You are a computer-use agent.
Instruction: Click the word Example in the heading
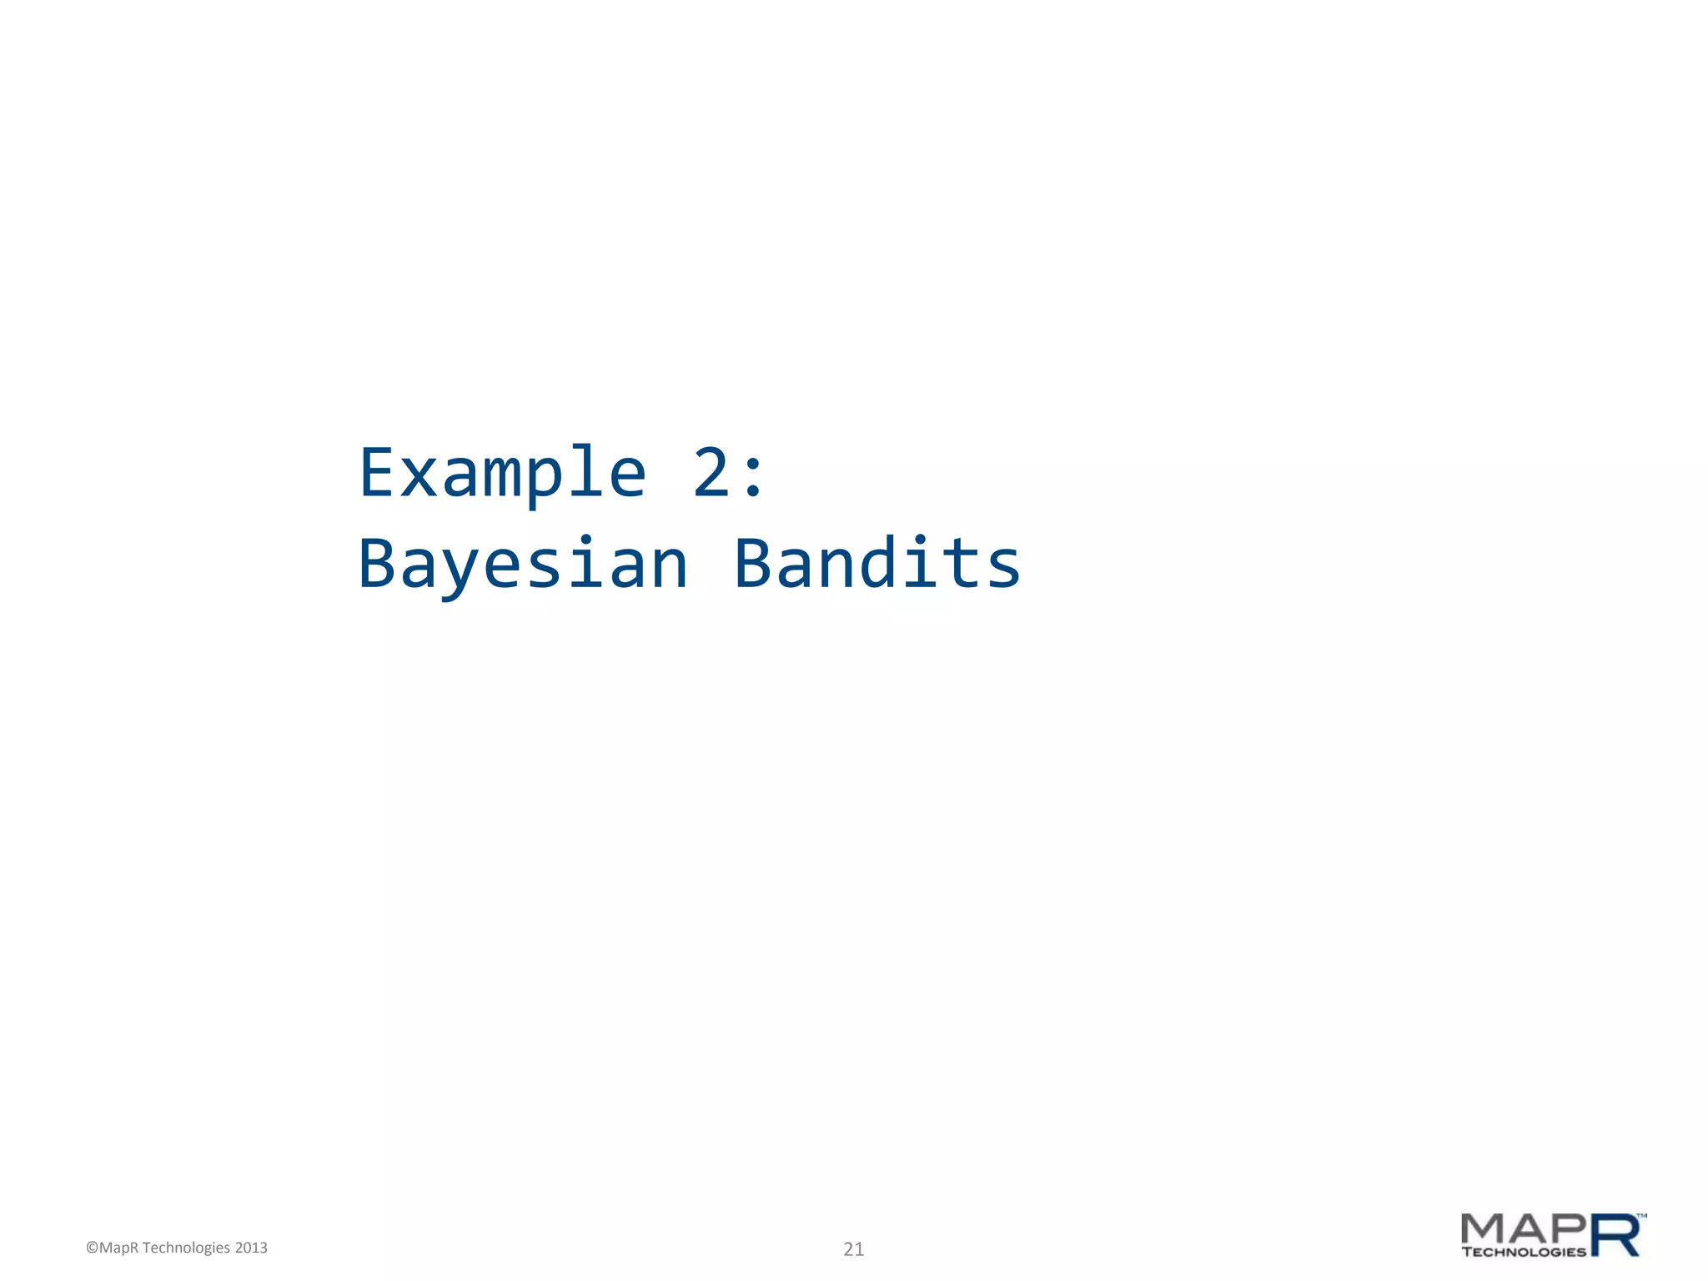pyautogui.click(x=502, y=474)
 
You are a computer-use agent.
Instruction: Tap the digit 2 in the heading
pyautogui.click(x=711, y=474)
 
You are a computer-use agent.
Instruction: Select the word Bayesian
pyautogui.click(x=523, y=565)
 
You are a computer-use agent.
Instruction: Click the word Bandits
pyautogui.click(x=877, y=564)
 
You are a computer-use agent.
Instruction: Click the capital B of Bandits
pyautogui.click(x=753, y=564)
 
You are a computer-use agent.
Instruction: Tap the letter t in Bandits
pyautogui.click(x=961, y=564)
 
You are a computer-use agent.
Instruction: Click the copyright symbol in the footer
pyautogui.click(x=92, y=1248)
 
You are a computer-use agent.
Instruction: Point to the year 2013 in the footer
pyautogui.click(x=251, y=1248)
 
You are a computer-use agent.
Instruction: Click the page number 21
pyautogui.click(x=853, y=1249)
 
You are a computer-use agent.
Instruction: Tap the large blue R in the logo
pyautogui.click(x=1615, y=1235)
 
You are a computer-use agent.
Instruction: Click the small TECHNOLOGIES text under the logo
pyautogui.click(x=1524, y=1252)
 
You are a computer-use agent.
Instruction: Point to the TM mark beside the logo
pyautogui.click(x=1642, y=1217)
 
